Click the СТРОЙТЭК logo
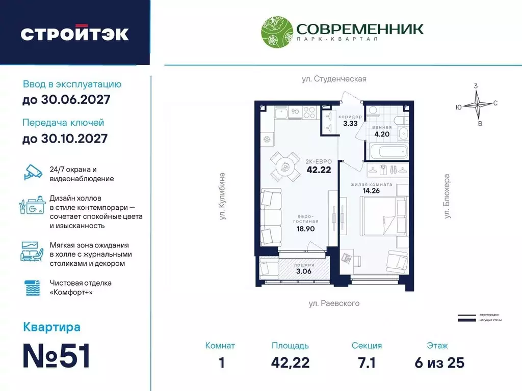tap(74, 34)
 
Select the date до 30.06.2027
tap(66, 100)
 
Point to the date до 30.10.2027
tap(65, 138)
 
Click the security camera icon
tap(34, 173)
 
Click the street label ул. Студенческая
tap(333, 79)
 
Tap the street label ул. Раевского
tap(334, 303)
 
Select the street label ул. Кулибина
tap(222, 196)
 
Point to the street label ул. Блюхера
tap(447, 197)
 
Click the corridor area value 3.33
tap(350, 123)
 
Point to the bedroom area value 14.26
tap(374, 191)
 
